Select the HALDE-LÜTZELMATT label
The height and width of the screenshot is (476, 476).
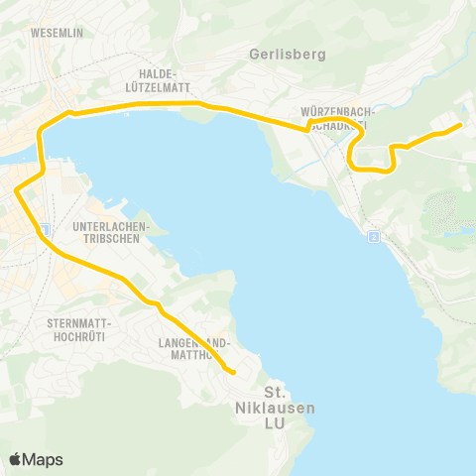(158, 80)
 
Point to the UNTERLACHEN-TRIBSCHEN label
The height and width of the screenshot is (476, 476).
(111, 231)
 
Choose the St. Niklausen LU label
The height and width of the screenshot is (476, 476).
(277, 409)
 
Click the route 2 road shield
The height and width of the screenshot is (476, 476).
(373, 237)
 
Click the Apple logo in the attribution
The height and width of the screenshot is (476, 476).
(17, 459)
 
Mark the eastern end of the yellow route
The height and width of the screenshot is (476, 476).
(461, 125)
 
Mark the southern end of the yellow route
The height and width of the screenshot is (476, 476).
(233, 373)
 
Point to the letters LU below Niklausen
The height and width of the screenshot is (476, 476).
(277, 424)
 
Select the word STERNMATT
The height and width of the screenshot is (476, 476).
(79, 324)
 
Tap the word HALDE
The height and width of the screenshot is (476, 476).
(158, 74)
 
